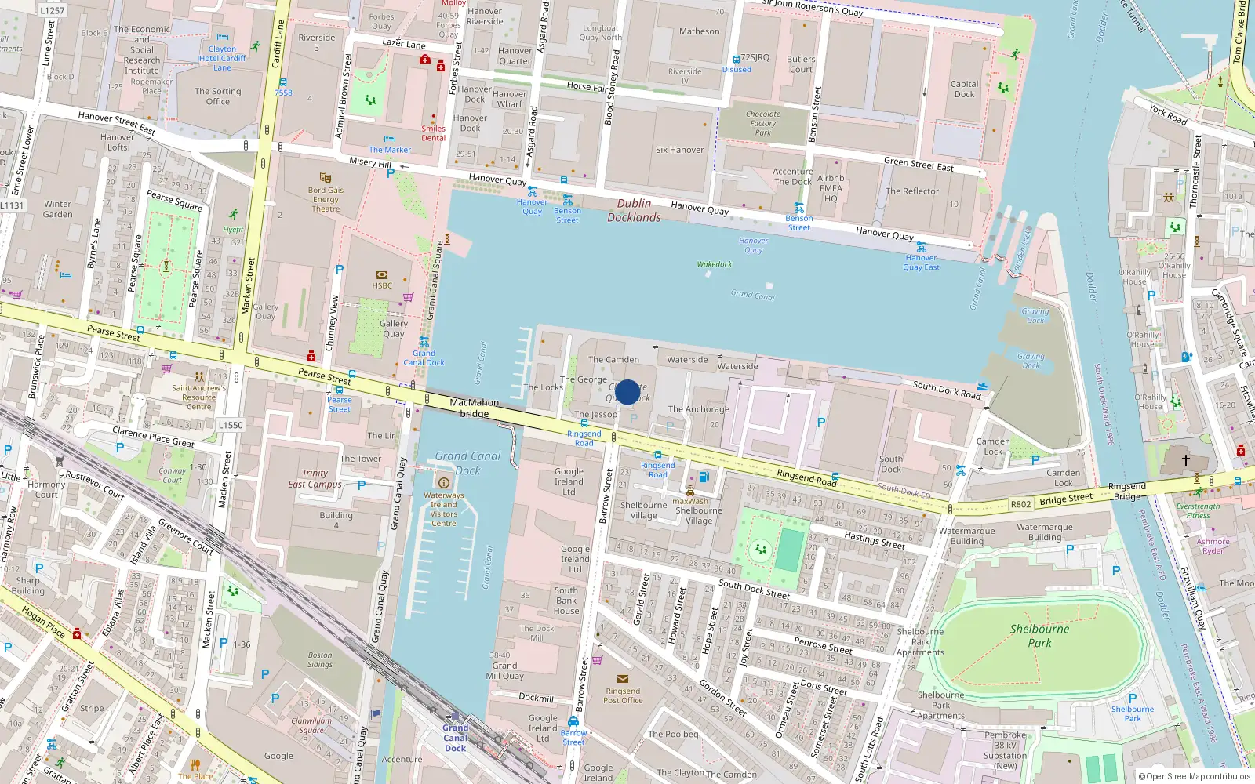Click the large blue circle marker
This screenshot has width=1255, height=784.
tap(627, 392)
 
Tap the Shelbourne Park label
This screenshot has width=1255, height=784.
tap(1039, 636)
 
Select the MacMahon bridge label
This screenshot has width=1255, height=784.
tap(475, 408)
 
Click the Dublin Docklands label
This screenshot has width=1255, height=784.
tap(634, 210)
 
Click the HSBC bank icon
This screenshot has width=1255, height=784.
tap(382, 275)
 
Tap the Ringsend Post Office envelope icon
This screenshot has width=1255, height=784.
tap(623, 679)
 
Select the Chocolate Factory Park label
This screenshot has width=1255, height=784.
tap(763, 123)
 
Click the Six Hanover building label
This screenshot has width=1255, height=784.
tap(679, 150)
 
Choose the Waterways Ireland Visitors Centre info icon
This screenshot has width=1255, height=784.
tap(443, 483)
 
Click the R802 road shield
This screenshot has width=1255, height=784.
tap(1020, 504)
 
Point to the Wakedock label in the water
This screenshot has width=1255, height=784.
tap(715, 264)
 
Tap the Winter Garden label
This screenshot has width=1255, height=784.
tap(58, 209)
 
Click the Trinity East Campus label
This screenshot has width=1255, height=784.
tap(315, 478)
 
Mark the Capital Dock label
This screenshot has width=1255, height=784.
tap(964, 89)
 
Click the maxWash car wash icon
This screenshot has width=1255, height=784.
tap(689, 492)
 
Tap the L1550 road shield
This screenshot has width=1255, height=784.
tap(231, 425)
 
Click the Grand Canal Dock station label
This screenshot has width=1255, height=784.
tap(455, 738)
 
